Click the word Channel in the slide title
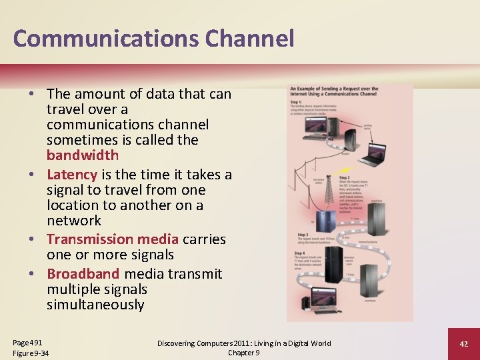click(249, 39)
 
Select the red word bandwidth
click(82, 155)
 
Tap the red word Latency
click(72, 175)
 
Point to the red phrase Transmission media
click(112, 239)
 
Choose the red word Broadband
click(83, 274)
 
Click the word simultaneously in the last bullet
click(95, 305)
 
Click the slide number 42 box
click(464, 343)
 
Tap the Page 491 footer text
click(27, 342)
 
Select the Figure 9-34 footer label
click(31, 353)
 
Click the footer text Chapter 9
click(243, 353)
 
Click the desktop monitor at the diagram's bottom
click(319, 298)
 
